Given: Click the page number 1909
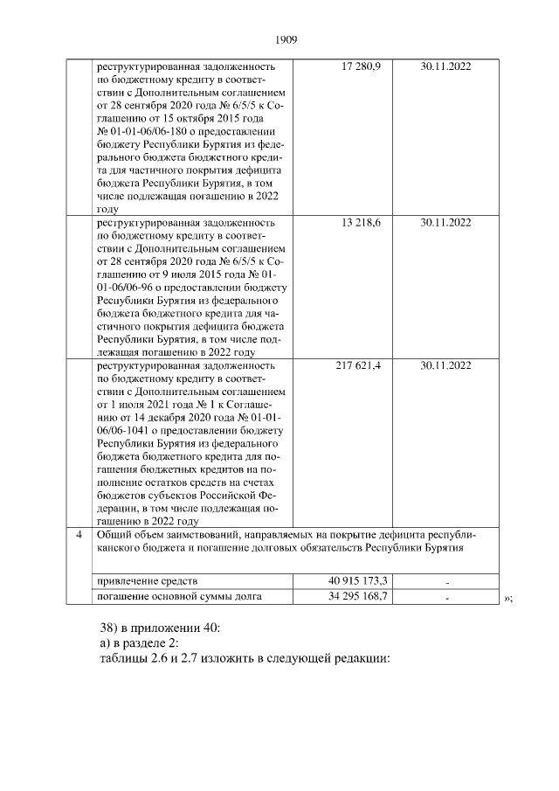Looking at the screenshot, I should (286, 39).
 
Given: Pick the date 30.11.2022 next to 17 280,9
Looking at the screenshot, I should (445, 66).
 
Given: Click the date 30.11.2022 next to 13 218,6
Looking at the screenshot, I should (445, 223).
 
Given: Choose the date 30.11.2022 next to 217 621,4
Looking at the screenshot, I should (445, 365).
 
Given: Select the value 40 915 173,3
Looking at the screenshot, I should (356, 581).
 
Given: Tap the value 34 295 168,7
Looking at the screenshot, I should (356, 598).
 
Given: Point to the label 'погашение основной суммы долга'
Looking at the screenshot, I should (180, 598).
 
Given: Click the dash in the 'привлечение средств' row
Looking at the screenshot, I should (445, 582).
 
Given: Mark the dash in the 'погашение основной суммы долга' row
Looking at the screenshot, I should (445, 599).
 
